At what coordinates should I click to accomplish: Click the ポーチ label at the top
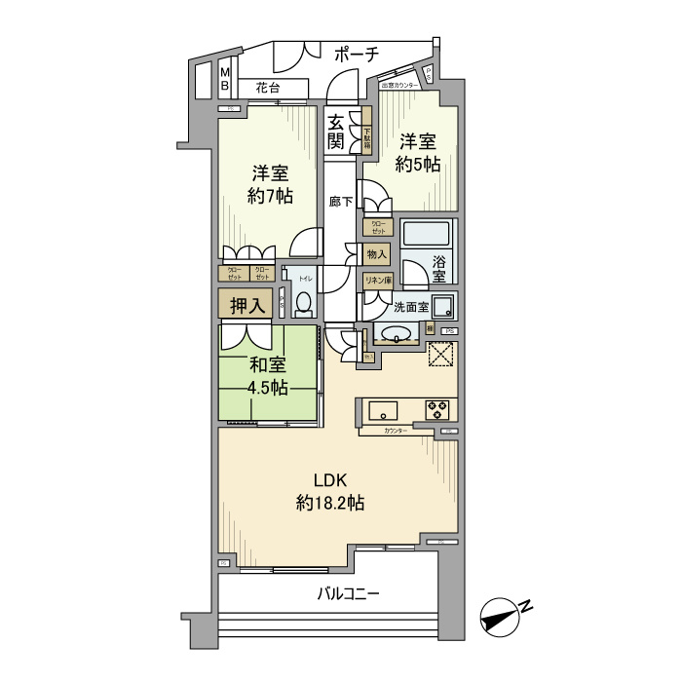pyautogui.click(x=356, y=55)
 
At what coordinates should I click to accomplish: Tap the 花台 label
pyautogui.click(x=268, y=88)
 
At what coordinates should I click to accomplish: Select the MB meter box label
pyautogui.click(x=225, y=79)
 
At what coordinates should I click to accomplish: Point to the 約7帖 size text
pyautogui.click(x=270, y=196)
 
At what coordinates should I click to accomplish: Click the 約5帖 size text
pyautogui.click(x=418, y=165)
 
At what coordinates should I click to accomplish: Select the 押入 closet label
pyautogui.click(x=246, y=305)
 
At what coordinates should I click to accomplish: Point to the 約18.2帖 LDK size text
pyautogui.click(x=330, y=504)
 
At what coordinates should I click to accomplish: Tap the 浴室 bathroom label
pyautogui.click(x=438, y=268)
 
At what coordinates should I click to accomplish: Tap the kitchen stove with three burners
pyautogui.click(x=434, y=408)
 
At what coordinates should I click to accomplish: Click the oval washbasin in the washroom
pyautogui.click(x=397, y=335)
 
